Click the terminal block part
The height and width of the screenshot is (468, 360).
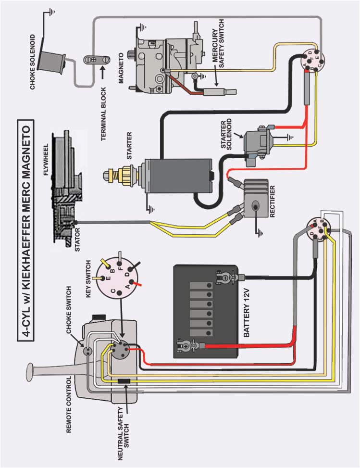click(x=93, y=60)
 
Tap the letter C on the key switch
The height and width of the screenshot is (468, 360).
click(x=113, y=291)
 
